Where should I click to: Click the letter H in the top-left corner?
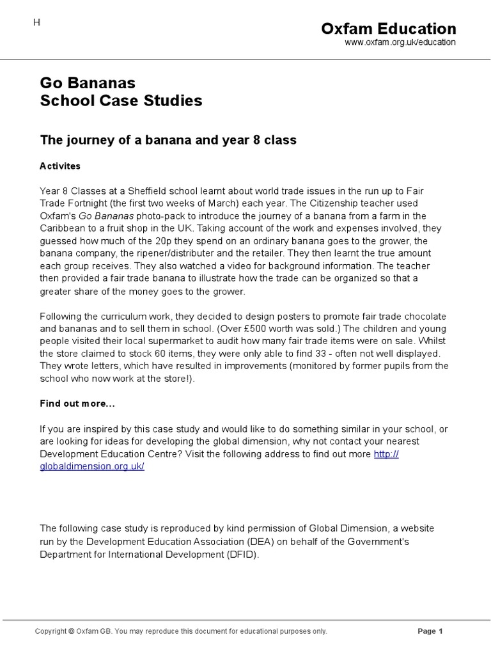pos(36,22)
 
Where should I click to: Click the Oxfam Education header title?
pos(388,29)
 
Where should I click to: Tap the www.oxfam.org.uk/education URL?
pos(400,42)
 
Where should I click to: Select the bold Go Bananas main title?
pos(88,83)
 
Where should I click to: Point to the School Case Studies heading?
pos(121,100)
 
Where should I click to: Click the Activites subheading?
pos(60,166)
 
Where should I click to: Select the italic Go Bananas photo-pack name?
pos(106,216)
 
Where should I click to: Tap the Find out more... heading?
pos(77,404)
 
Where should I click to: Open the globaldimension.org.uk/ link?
pos(92,466)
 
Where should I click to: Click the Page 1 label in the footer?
pos(430,631)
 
